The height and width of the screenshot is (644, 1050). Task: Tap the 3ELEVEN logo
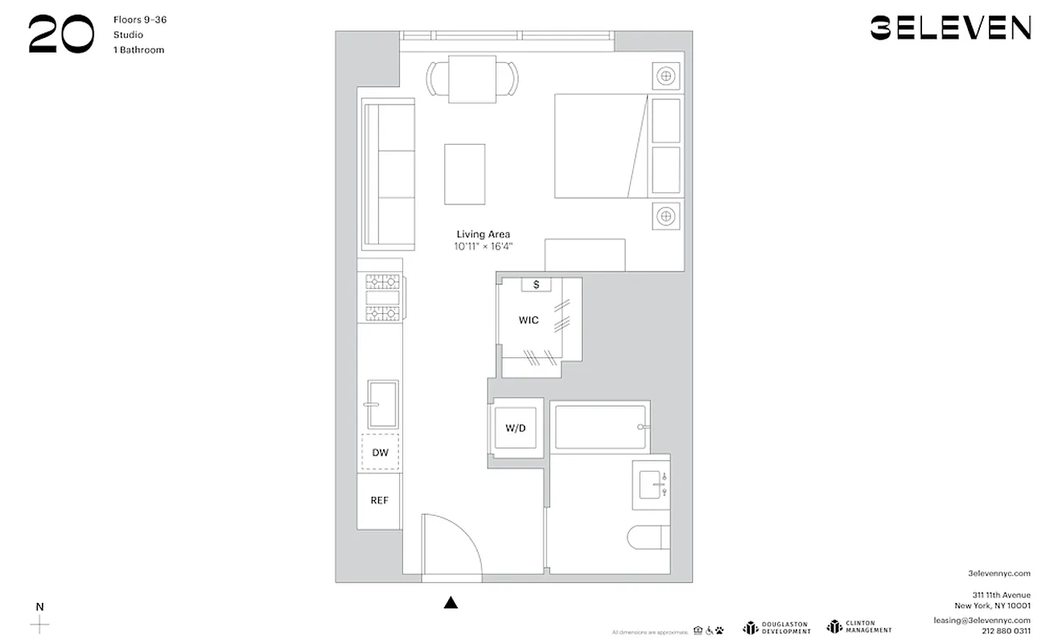(x=950, y=28)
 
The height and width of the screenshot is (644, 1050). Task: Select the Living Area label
(x=483, y=234)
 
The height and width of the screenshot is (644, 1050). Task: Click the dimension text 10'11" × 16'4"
(x=483, y=246)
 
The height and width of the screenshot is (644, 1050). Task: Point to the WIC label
(x=529, y=320)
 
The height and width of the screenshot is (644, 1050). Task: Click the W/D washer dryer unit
(x=516, y=428)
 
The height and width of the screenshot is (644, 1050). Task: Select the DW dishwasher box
(x=381, y=453)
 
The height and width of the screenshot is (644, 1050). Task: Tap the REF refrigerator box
(x=380, y=501)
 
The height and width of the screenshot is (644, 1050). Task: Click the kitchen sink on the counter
(x=382, y=404)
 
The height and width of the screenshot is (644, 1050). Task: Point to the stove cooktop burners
(x=383, y=297)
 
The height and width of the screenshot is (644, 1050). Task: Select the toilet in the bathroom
(x=649, y=537)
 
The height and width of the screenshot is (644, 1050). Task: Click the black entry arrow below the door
(x=451, y=602)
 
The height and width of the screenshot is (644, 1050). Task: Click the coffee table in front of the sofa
(x=465, y=174)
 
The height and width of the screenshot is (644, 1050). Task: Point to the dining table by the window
(x=472, y=79)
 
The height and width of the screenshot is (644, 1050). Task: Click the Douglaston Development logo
(x=776, y=627)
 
